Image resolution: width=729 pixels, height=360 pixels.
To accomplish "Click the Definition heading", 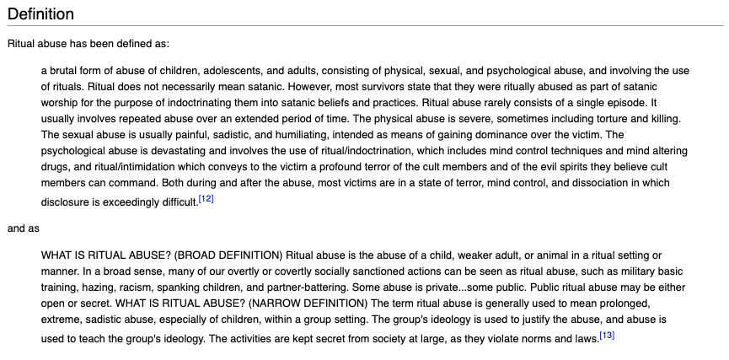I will tap(40, 14).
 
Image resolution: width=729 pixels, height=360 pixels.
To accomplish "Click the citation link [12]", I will tap(206, 199).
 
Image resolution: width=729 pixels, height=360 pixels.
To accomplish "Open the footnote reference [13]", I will tap(607, 336).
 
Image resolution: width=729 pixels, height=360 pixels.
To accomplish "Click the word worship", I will tap(62, 103).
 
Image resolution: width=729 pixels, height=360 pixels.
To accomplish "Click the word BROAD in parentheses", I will tap(189, 255).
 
